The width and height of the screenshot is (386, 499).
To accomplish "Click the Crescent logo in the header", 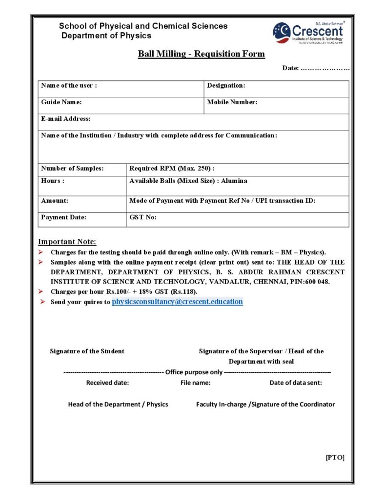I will click(x=308, y=33).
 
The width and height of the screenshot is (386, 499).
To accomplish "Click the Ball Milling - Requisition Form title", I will click(x=201, y=54).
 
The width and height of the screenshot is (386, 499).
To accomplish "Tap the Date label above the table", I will click(x=291, y=68).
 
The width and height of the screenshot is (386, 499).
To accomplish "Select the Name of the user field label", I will click(x=69, y=86).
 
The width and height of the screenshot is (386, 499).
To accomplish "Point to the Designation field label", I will click(x=226, y=86).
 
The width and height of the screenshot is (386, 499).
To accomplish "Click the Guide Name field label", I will click(x=61, y=102).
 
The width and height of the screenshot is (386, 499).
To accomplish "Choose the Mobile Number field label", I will click(x=232, y=102).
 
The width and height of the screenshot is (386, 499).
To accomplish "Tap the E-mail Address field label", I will click(x=65, y=119).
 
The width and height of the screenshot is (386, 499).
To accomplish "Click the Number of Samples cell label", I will click(x=72, y=169).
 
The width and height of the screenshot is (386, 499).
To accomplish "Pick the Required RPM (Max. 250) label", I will click(x=172, y=169).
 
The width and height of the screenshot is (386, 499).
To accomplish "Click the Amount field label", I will click(x=55, y=201).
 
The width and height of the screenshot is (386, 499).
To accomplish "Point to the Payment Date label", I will click(x=63, y=217).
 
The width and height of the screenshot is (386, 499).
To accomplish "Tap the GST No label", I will click(x=143, y=217).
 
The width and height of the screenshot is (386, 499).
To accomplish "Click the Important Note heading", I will click(x=67, y=242).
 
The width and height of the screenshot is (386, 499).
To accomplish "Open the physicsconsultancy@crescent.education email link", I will click(x=177, y=302).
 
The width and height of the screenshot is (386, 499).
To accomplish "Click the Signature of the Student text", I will click(x=87, y=351).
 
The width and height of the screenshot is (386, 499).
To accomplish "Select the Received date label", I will click(x=107, y=383).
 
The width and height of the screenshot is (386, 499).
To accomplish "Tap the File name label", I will click(x=195, y=383).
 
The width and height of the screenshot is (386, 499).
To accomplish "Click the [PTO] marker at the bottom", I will click(x=335, y=457).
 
